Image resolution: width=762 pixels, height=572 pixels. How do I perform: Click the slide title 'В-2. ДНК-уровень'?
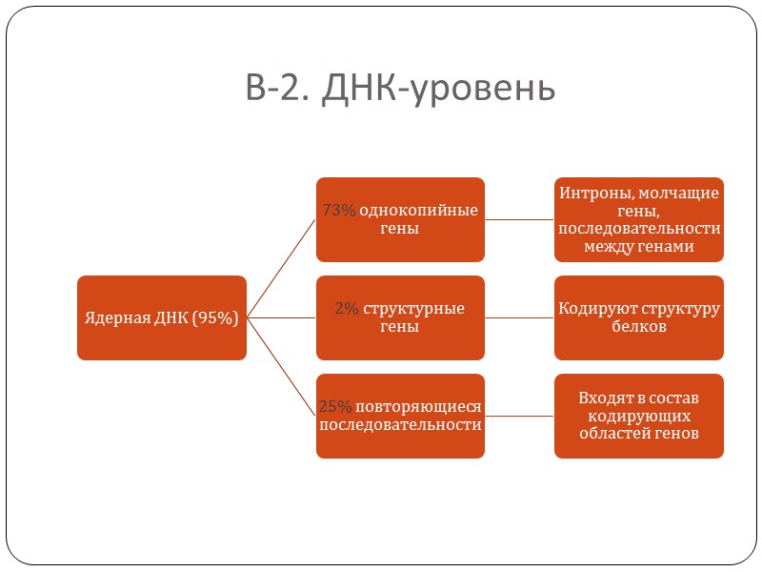(x=399, y=88)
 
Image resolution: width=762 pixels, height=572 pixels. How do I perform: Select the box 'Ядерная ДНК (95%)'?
(x=162, y=318)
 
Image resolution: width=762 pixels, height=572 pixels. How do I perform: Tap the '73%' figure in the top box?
(x=338, y=211)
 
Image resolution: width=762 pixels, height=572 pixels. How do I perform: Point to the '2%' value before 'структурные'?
(x=346, y=309)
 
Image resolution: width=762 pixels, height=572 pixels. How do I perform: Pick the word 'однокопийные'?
(x=418, y=211)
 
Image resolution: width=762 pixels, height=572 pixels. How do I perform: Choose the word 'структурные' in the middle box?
(x=413, y=309)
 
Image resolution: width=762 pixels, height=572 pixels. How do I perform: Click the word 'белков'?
(x=638, y=326)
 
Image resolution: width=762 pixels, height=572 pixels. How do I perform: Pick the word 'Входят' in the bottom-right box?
(x=604, y=398)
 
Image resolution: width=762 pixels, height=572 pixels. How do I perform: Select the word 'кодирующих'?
(x=638, y=416)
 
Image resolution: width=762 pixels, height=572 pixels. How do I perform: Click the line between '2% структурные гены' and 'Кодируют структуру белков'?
(x=519, y=317)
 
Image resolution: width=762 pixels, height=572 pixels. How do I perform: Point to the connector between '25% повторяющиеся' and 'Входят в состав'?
(x=519, y=416)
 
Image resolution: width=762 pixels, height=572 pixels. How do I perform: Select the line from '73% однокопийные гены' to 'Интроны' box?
(x=519, y=219)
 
